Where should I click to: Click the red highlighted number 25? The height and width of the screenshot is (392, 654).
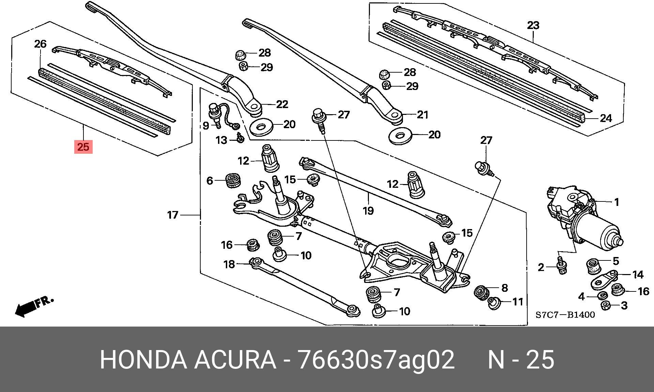coord(83,147)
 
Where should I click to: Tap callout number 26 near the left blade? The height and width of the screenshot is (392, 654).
coord(40,44)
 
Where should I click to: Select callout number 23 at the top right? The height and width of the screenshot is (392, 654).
coord(533,25)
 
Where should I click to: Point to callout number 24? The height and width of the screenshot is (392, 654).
coord(606,118)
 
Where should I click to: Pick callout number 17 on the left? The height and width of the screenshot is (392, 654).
coord(173,215)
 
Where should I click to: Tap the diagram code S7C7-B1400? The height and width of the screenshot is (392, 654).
coord(565,315)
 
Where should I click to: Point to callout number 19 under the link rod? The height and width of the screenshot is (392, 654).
coord(368,211)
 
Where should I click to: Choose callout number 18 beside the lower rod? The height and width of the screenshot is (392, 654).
coord(229,264)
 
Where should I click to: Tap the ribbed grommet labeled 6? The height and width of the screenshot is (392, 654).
coord(234,180)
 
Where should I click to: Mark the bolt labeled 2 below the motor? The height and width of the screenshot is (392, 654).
coord(561,269)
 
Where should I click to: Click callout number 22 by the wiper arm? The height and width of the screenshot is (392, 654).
coord(282,104)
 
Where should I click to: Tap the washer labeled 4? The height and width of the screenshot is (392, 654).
coord(602,295)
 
